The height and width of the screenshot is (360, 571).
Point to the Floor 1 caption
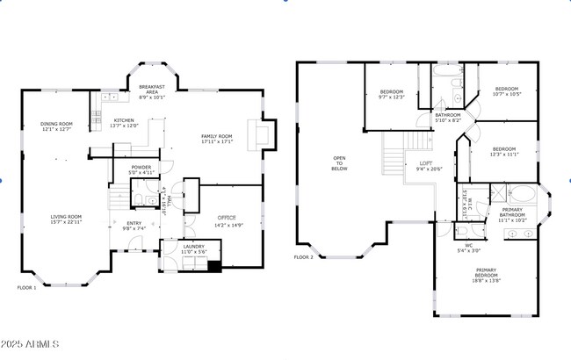(x=27, y=287)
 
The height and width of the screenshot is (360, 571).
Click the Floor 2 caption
(x=303, y=257)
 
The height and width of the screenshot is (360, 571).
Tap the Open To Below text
(x=340, y=164)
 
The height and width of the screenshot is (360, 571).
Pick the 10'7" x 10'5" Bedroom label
(x=507, y=91)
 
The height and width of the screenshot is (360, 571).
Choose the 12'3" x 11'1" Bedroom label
(x=504, y=152)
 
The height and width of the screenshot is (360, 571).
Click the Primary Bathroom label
(x=512, y=213)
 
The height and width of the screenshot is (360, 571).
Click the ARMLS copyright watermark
(x=32, y=342)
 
